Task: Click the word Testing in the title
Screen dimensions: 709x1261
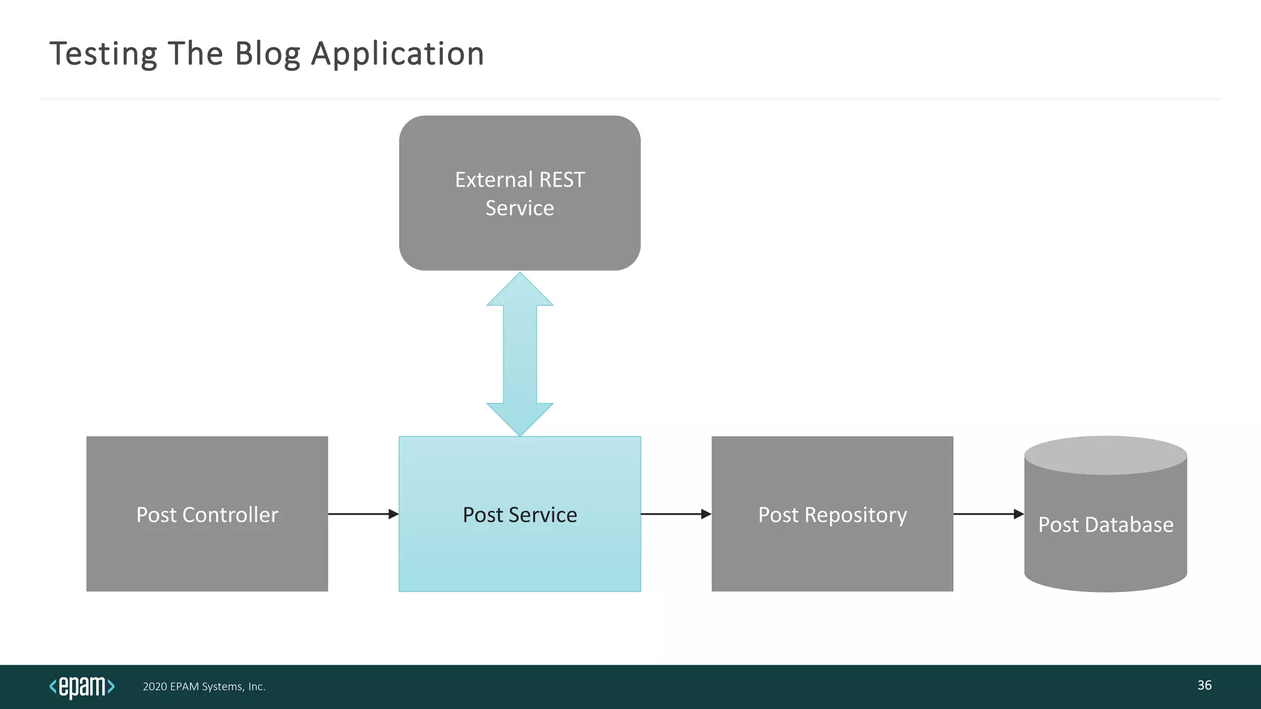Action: (x=103, y=54)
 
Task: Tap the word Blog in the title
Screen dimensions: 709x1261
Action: (x=267, y=54)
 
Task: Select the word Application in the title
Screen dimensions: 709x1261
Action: (x=398, y=54)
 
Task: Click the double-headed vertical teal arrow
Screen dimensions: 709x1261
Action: (x=520, y=354)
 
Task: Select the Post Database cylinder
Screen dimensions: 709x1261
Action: (x=1105, y=554)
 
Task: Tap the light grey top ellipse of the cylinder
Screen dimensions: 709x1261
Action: (x=1105, y=455)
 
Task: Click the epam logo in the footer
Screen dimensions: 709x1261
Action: (x=82, y=686)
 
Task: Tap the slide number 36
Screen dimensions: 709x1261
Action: (x=1204, y=685)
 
